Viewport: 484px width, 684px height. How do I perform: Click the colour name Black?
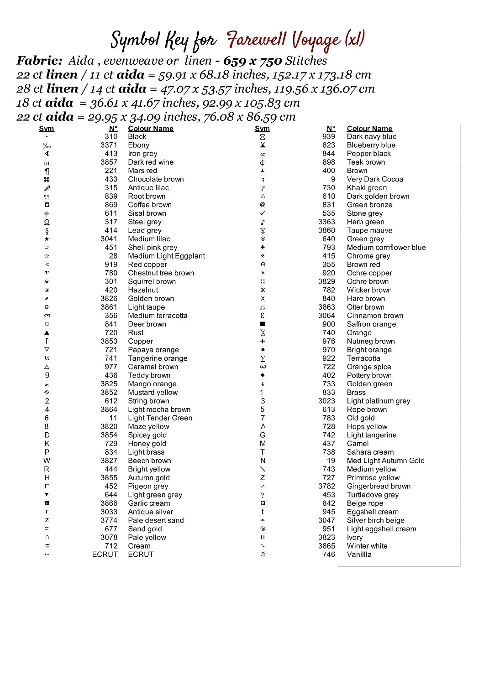pyautogui.click(x=137, y=136)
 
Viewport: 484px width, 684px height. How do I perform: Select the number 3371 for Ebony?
pyautogui.click(x=109, y=145)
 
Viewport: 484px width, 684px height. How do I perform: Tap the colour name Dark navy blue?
pyautogui.click(x=371, y=136)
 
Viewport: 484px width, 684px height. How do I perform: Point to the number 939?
pyautogui.click(x=328, y=136)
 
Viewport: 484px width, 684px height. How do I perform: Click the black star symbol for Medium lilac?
pyautogui.click(x=47, y=239)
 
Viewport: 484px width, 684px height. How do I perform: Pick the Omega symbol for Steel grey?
pyautogui.click(x=47, y=222)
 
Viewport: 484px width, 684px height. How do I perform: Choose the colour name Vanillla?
pyautogui.click(x=359, y=554)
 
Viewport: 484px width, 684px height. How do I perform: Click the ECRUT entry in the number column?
pyautogui.click(x=105, y=554)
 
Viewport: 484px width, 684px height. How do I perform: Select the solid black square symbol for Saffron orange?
pyautogui.click(x=263, y=324)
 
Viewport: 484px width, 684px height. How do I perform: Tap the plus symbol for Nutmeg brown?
pyautogui.click(x=263, y=341)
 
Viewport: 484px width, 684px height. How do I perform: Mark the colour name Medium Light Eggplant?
pyautogui.click(x=166, y=256)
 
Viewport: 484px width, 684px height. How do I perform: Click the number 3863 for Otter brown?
pyautogui.click(x=326, y=307)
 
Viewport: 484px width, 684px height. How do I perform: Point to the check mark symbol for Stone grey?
pyautogui.click(x=263, y=213)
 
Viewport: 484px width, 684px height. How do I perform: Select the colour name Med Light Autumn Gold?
pyautogui.click(x=385, y=461)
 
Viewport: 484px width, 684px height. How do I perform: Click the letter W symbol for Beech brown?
pyautogui.click(x=47, y=461)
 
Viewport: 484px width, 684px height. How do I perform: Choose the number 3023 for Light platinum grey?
pyautogui.click(x=326, y=401)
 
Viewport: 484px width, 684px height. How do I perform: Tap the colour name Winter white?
pyautogui.click(x=367, y=546)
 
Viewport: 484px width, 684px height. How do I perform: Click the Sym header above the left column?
pyautogui.click(x=46, y=129)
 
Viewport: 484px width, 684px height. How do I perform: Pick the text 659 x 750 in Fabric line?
pyautogui.click(x=252, y=61)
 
